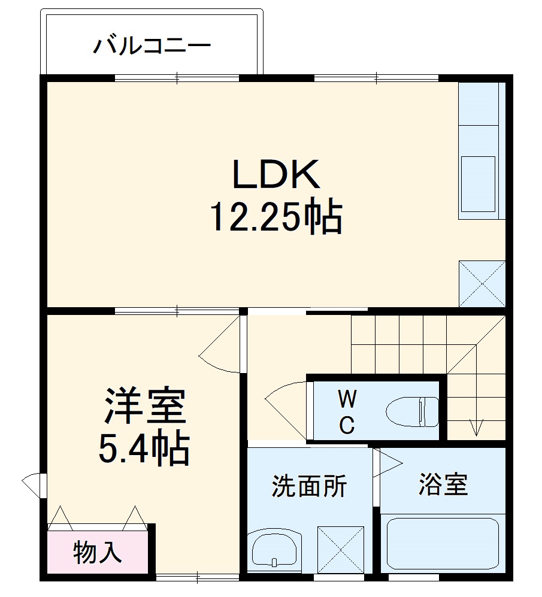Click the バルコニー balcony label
pos(152,46)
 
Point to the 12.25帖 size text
pos(275,217)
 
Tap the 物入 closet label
pos(98,552)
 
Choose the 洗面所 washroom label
pos(309,486)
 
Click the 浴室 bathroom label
pos(443,484)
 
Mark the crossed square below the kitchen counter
pos(482,284)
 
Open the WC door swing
pos(286,407)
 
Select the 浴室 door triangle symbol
pos(386,463)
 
